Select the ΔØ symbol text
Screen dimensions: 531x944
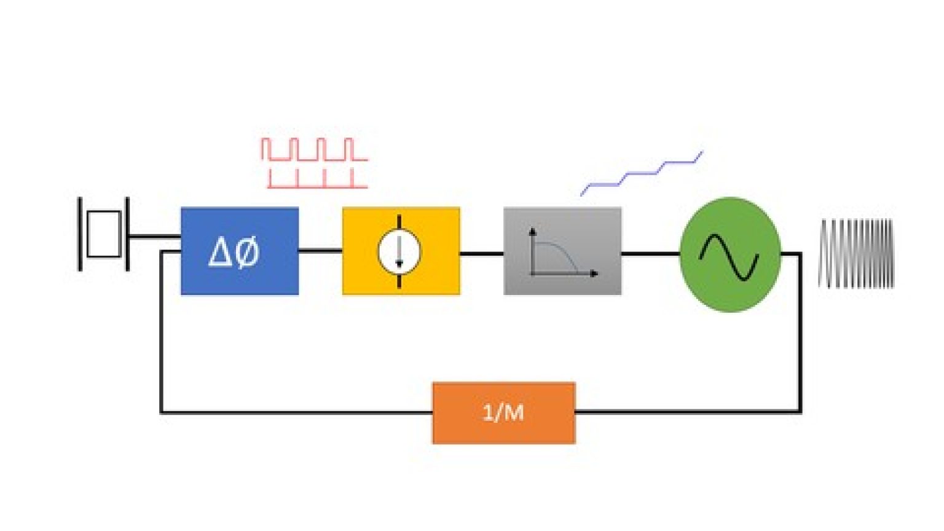click(234, 252)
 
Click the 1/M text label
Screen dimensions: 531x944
click(503, 412)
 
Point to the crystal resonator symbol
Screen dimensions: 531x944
click(103, 234)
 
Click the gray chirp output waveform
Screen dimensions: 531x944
click(856, 253)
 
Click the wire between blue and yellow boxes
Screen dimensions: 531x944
click(320, 250)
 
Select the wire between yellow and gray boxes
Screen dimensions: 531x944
click(481, 253)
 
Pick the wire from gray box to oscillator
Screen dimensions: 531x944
click(650, 253)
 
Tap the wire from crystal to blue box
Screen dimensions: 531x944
click(154, 236)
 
